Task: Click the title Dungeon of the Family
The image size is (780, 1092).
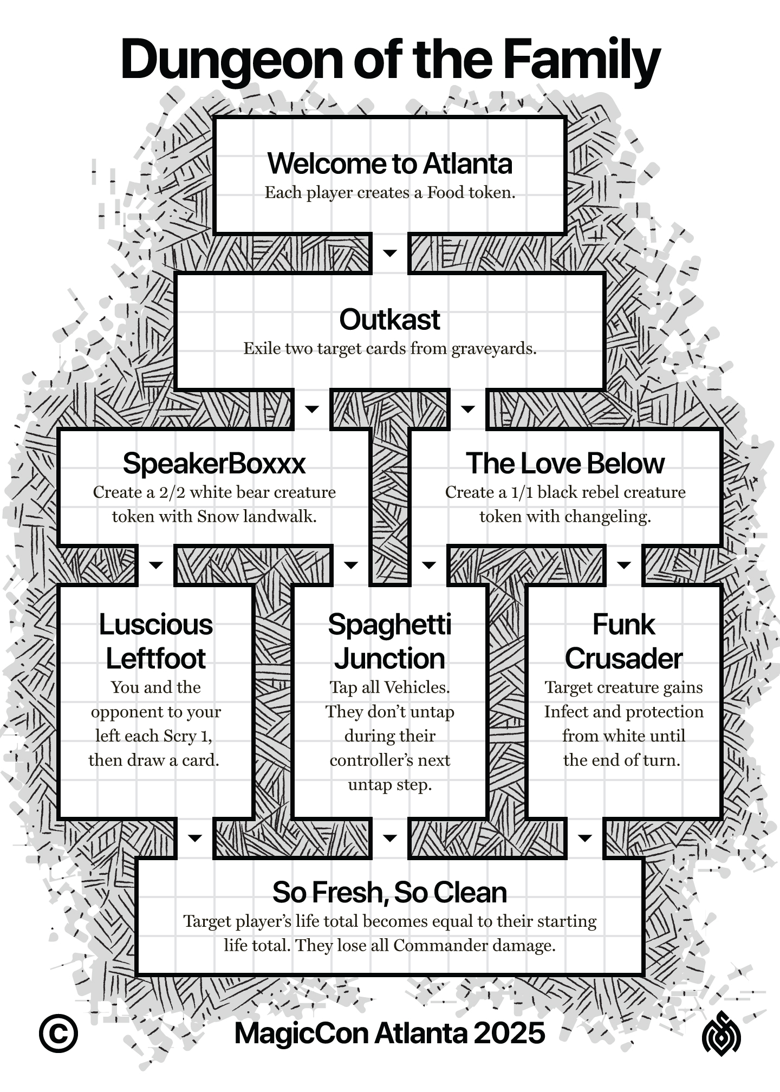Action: [x=390, y=61]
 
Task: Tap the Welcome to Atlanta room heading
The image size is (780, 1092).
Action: [x=389, y=164]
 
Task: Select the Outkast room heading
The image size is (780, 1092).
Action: [x=389, y=320]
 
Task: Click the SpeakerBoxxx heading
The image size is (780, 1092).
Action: [x=214, y=464]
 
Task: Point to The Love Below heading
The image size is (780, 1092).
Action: [x=565, y=464]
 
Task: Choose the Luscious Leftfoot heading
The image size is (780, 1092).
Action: [x=156, y=641]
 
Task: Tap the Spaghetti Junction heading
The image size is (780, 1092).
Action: [x=389, y=641]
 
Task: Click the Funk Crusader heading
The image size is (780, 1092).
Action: [x=623, y=641]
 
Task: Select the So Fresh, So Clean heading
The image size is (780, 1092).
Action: [x=389, y=893]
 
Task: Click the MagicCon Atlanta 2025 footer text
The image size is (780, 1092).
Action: [x=389, y=1033]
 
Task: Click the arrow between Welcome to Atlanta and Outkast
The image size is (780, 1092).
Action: [x=390, y=253]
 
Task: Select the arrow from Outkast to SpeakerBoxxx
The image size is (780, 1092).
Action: [x=312, y=409]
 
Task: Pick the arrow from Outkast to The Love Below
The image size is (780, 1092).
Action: [x=468, y=409]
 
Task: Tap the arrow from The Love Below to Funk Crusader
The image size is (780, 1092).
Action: [x=624, y=565]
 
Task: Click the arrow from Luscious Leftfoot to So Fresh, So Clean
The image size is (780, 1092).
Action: [x=195, y=838]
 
